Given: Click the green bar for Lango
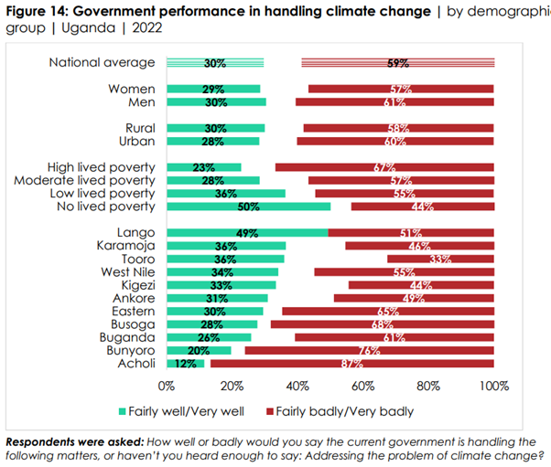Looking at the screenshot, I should (x=247, y=233).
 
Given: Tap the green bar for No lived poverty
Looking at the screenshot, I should (x=248, y=207).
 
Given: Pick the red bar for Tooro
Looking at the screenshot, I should (x=440, y=259).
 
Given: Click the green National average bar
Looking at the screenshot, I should (x=215, y=62).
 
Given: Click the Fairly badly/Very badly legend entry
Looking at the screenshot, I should (x=340, y=411).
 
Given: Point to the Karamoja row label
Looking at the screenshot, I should (x=125, y=246).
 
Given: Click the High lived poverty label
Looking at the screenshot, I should (x=101, y=167).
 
